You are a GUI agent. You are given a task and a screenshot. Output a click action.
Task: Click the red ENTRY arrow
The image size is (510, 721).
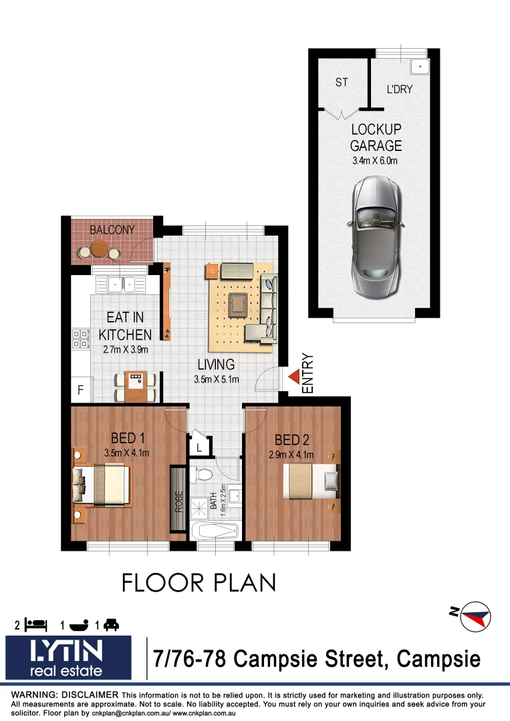pos(293,378)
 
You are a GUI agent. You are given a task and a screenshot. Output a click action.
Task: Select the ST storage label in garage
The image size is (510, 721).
pos(342,83)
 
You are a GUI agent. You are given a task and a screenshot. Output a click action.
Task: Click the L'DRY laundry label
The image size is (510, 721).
pos(400,89)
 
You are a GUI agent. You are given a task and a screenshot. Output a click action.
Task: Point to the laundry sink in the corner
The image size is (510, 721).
pos(419,67)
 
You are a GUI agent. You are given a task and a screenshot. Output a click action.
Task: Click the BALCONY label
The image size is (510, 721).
pos(112,230)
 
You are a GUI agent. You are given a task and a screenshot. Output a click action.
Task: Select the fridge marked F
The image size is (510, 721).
pos(80,391)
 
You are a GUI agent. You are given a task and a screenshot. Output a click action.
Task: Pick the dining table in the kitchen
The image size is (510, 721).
pos(136,386)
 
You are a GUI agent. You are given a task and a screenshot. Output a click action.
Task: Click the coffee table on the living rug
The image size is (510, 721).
pos(237,304)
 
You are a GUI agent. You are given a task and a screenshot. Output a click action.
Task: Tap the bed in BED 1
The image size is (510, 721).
pos(104,478)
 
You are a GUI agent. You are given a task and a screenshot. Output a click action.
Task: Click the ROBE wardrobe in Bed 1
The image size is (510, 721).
pos(178,500)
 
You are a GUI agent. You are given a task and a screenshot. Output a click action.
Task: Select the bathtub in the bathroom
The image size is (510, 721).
pos(215,531)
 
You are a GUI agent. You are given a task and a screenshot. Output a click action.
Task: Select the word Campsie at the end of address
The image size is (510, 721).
pos(438,660)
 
